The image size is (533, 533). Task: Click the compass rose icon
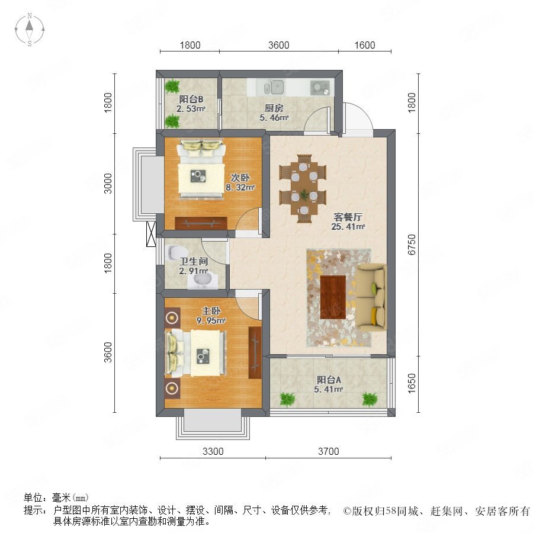tap(30, 30)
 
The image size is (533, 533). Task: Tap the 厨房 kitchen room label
tap(274, 108)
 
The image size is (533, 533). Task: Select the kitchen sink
tap(274, 87)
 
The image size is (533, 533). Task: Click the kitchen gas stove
tap(320, 88)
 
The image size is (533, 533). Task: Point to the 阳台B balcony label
tap(191, 99)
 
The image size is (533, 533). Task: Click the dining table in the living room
tap(303, 189)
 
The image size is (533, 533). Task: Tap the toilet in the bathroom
tap(178, 252)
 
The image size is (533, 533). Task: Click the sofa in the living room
tap(371, 297)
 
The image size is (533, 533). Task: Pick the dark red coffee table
tap(333, 297)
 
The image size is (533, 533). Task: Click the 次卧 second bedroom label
tap(240, 178)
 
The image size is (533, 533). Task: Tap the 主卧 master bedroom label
tap(211, 311)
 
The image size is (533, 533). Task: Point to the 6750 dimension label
tap(412, 245)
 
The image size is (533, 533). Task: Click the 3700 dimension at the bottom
tap(328, 451)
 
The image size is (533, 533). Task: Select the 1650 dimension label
tap(412, 383)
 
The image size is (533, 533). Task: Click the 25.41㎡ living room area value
tap(348, 226)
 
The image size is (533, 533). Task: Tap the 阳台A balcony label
tap(329, 380)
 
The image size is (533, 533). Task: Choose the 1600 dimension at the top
tap(365, 45)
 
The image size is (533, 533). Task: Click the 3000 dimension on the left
tap(107, 184)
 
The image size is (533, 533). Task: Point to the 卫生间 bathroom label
tap(194, 261)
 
